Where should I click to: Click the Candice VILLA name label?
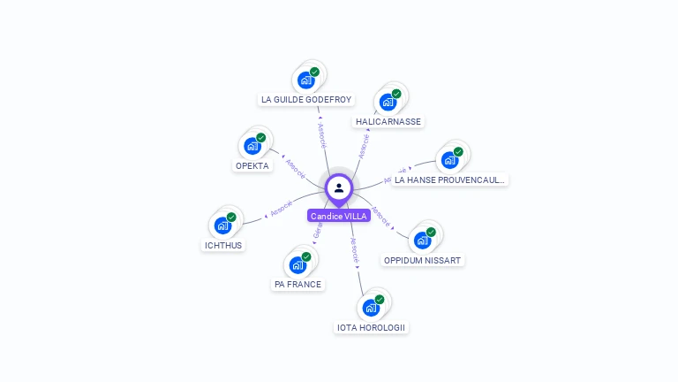click(x=339, y=216)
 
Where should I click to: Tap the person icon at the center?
click(x=339, y=187)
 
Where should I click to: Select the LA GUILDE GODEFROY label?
click(x=306, y=99)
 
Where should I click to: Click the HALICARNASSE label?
click(x=388, y=121)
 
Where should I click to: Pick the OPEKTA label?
click(x=252, y=165)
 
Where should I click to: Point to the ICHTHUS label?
click(x=222, y=245)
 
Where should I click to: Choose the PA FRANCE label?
click(x=298, y=284)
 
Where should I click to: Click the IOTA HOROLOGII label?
click(x=372, y=327)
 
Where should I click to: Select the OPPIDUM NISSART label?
click(x=423, y=260)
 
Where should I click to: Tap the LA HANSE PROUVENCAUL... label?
click(x=450, y=180)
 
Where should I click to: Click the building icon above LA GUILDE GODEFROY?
click(x=305, y=80)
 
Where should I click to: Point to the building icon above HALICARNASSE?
click(x=388, y=102)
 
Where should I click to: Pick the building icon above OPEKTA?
click(x=252, y=146)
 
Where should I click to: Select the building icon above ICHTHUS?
click(x=222, y=225)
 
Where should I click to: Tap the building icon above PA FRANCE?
click(x=298, y=264)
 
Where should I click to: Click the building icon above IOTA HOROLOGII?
click(x=371, y=308)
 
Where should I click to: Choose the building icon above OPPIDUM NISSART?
click(x=422, y=241)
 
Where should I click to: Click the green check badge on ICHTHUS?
click(x=231, y=217)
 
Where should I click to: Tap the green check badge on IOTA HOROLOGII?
click(x=380, y=300)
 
